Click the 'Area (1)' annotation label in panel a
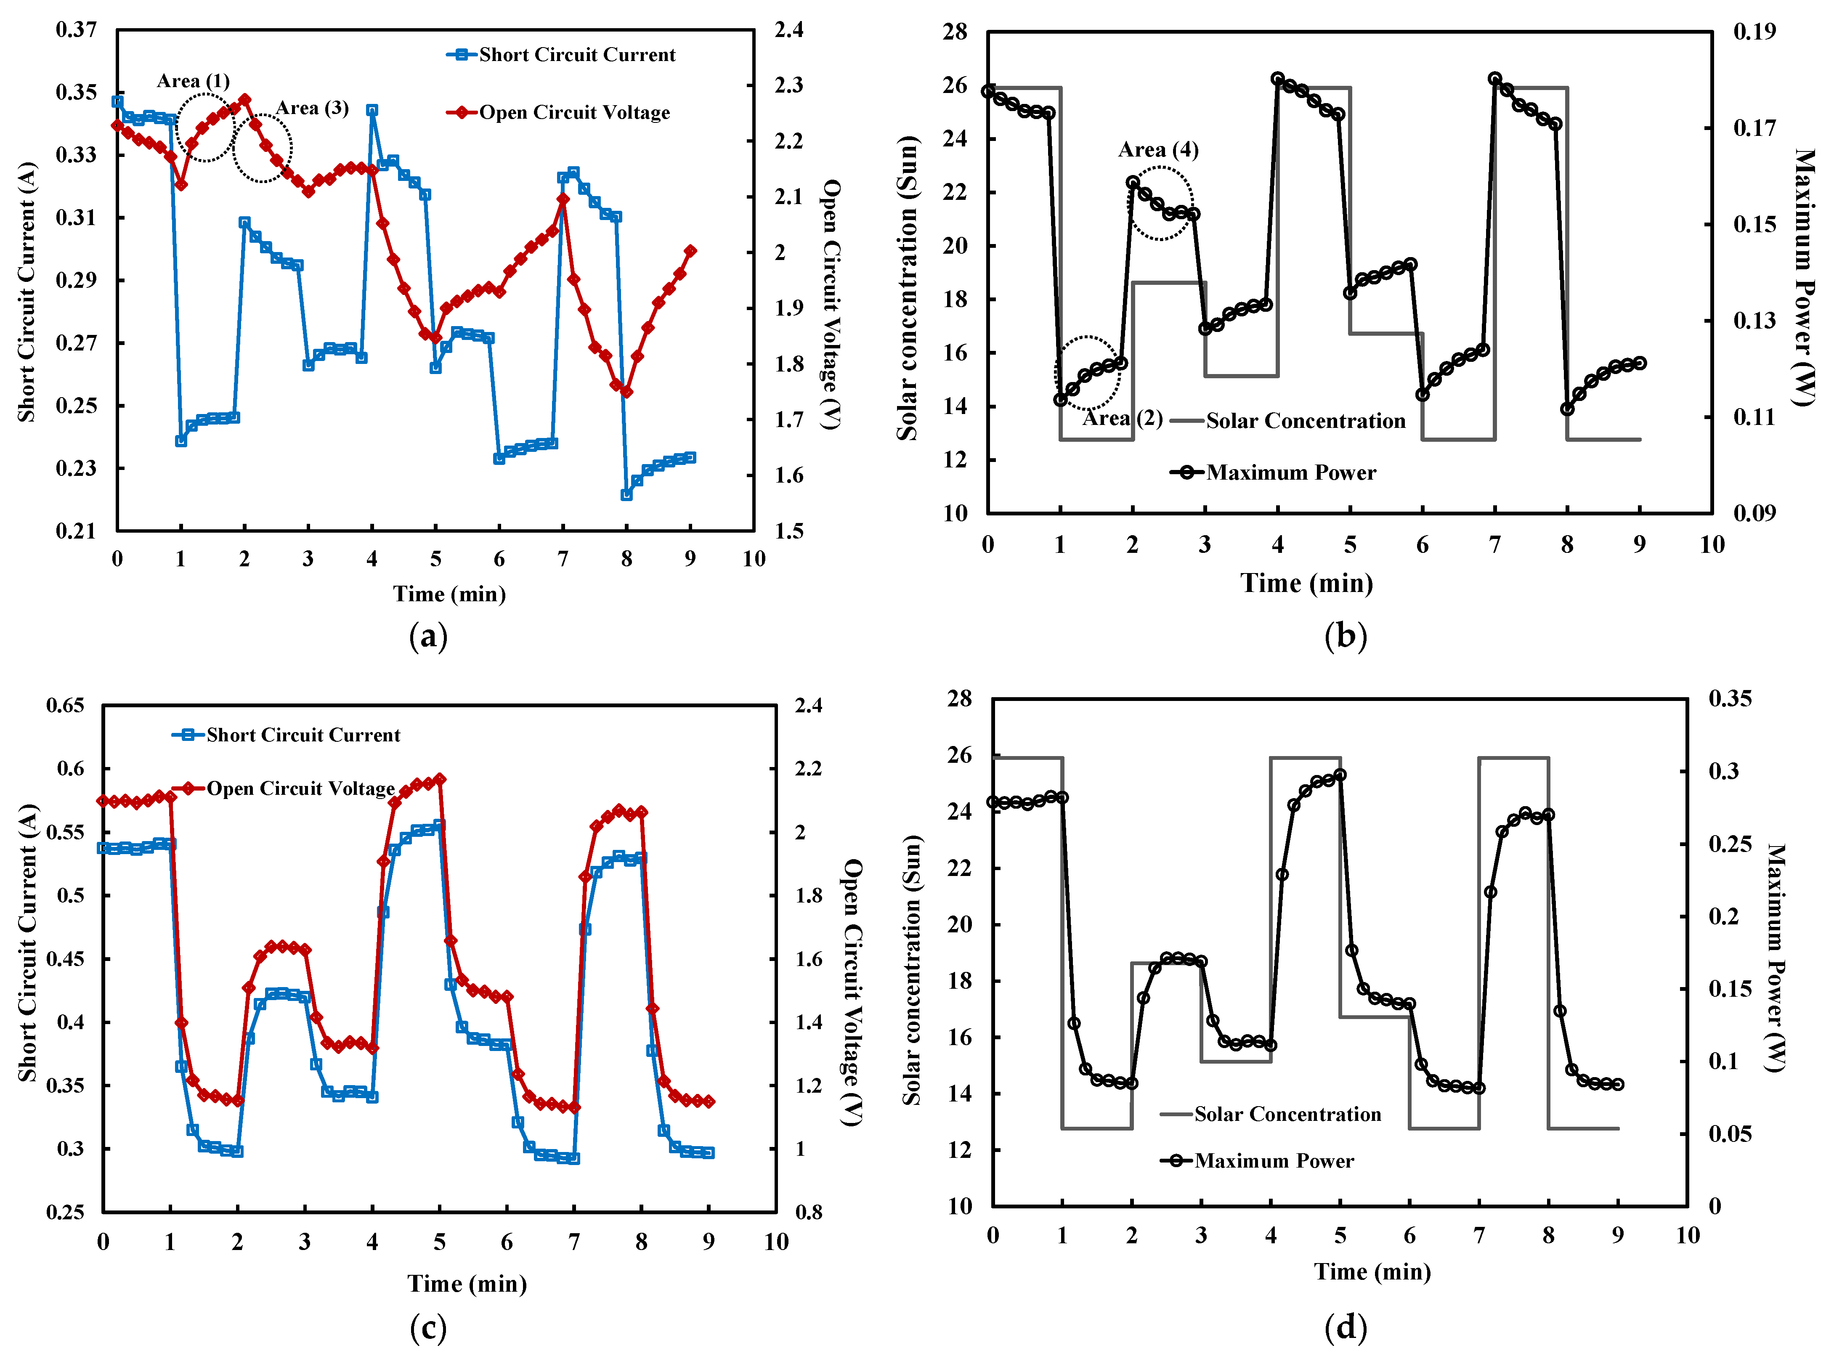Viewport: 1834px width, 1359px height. tap(193, 81)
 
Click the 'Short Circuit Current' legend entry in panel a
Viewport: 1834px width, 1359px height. tap(561, 55)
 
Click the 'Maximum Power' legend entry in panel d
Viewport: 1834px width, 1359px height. tap(1258, 1161)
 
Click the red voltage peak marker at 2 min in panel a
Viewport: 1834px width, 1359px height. tap(244, 100)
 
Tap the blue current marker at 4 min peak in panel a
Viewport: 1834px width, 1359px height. tap(372, 110)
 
